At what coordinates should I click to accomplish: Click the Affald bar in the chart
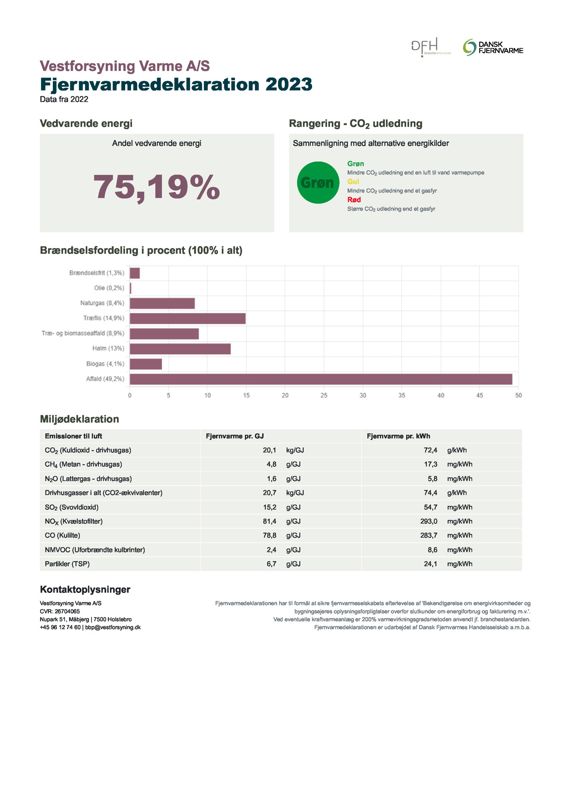321,379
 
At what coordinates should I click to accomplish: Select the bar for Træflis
187,318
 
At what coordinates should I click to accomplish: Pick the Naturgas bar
162,303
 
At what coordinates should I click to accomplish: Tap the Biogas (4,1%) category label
105,364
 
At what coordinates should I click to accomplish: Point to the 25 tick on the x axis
324,395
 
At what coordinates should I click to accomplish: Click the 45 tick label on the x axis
479,395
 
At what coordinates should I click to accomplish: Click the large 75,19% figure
157,187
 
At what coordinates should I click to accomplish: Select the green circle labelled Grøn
318,183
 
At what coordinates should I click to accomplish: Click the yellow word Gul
353,182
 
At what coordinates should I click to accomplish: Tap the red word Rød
354,200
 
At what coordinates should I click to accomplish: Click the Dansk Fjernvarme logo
493,47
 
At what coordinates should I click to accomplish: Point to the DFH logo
430,47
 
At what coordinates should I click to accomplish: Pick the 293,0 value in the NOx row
429,521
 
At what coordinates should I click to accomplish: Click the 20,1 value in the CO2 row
270,450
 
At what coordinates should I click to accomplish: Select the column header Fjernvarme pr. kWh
398,436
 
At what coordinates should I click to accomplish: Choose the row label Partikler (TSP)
67,564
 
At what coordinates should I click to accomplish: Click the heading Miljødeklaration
79,419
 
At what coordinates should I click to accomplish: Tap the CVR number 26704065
67,611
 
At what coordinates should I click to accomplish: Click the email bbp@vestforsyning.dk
113,627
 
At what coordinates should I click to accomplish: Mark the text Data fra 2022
64,99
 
